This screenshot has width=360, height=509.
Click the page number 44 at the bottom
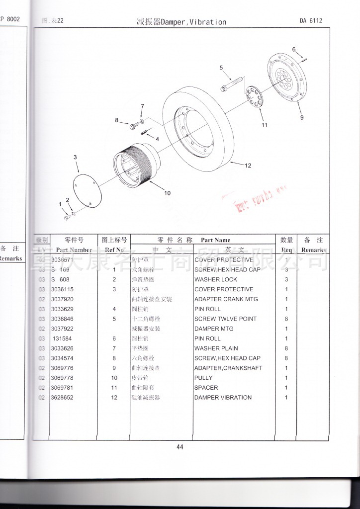pos(180,446)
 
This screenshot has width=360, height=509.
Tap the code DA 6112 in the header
pos(311,21)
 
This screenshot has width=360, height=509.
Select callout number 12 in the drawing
pos(248,166)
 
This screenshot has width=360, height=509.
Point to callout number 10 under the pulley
pos(167,193)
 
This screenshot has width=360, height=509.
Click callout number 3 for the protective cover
pos(75,158)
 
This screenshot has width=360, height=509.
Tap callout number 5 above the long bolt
pos(221,68)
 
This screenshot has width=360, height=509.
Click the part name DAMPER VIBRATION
pos(223,398)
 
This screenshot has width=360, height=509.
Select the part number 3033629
pos(62,309)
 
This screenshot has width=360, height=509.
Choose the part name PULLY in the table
pos(204,378)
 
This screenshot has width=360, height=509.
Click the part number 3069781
pos(62,388)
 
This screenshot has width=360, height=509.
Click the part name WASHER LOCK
pos(216,280)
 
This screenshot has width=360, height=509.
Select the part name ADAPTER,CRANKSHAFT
pos(228,368)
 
